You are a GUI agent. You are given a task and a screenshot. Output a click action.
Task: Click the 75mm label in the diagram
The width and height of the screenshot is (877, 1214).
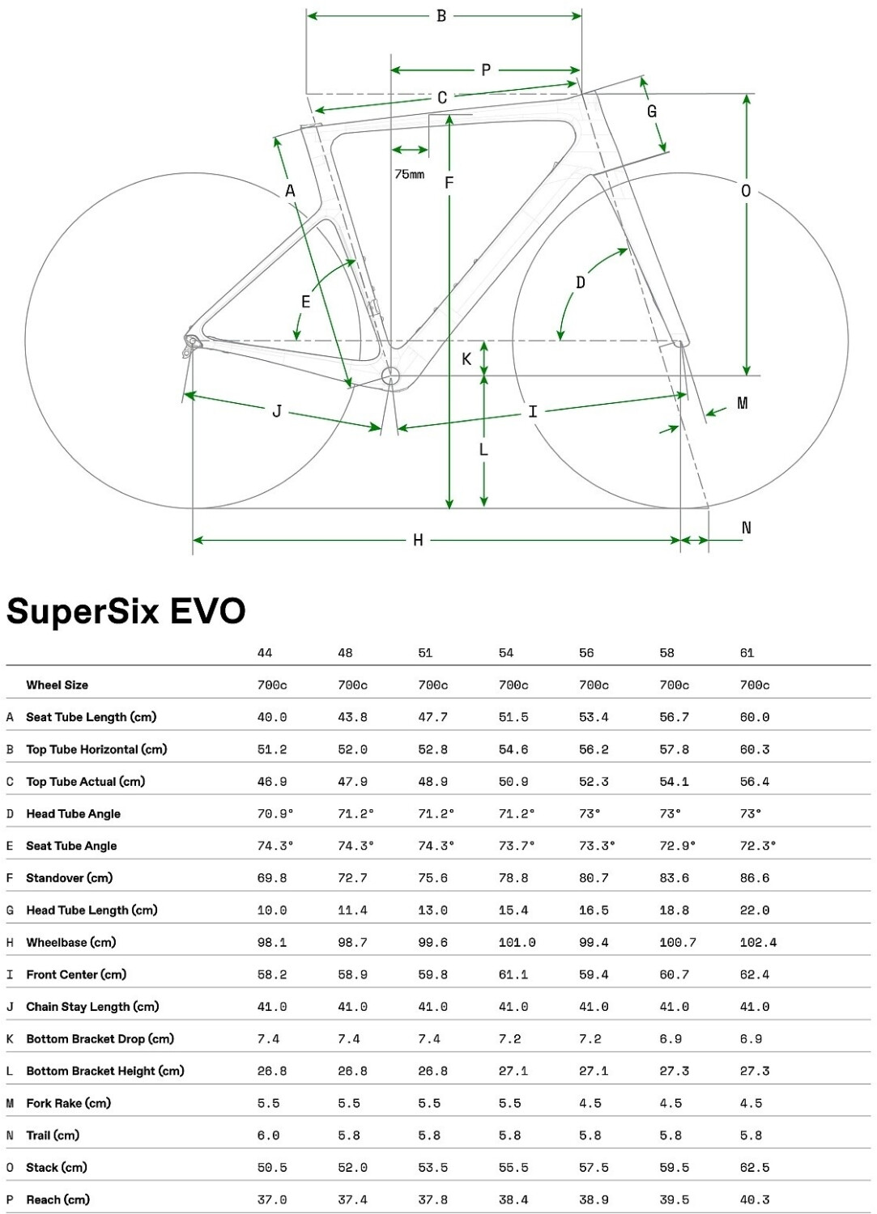(x=409, y=174)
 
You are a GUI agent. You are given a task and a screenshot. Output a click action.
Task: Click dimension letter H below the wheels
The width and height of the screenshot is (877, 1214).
(x=418, y=540)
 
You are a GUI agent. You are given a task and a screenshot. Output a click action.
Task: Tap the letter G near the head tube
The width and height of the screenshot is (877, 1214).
(x=652, y=112)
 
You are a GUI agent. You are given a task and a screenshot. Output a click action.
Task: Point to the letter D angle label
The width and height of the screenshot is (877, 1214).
(x=581, y=282)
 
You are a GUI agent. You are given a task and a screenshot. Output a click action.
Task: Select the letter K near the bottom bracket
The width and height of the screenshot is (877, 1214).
(x=466, y=359)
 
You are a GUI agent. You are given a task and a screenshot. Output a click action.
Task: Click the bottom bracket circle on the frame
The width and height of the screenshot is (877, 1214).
(x=391, y=376)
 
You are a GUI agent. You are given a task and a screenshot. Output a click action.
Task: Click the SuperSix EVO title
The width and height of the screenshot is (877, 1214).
(x=126, y=611)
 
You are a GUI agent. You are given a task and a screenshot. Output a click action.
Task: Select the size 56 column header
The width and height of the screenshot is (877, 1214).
(x=586, y=653)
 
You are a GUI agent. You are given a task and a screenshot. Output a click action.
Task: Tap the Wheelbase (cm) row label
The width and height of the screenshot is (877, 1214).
(x=71, y=942)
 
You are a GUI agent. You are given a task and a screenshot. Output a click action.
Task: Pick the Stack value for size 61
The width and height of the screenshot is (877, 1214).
(x=755, y=1167)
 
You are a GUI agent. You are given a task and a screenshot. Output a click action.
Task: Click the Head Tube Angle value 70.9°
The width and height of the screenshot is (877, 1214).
(x=275, y=813)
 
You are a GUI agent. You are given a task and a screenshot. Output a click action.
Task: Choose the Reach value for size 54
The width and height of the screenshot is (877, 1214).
(x=513, y=1199)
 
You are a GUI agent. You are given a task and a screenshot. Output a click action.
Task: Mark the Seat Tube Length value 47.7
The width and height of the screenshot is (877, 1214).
(x=433, y=717)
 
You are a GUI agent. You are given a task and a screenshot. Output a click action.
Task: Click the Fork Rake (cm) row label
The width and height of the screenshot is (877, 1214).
(x=69, y=1103)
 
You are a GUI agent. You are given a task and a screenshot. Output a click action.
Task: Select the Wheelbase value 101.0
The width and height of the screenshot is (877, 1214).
(x=517, y=942)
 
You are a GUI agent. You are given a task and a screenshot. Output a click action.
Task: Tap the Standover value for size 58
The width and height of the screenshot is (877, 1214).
(x=675, y=878)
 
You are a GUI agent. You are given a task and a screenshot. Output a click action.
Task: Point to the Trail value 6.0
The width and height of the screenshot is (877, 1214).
(x=269, y=1135)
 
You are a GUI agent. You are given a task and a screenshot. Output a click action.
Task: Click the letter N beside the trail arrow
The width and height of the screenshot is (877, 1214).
(x=747, y=528)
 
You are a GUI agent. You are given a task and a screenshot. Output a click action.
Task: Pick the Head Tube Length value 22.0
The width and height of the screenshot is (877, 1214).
(x=755, y=910)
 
